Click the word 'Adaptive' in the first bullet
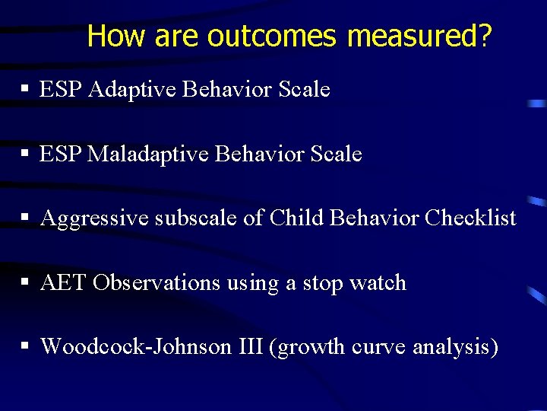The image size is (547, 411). [134, 90]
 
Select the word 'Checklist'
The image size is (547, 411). [470, 219]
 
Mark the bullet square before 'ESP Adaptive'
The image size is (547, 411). [25, 90]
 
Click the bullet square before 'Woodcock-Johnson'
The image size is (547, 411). [25, 347]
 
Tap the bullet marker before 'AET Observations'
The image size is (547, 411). [25, 283]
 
